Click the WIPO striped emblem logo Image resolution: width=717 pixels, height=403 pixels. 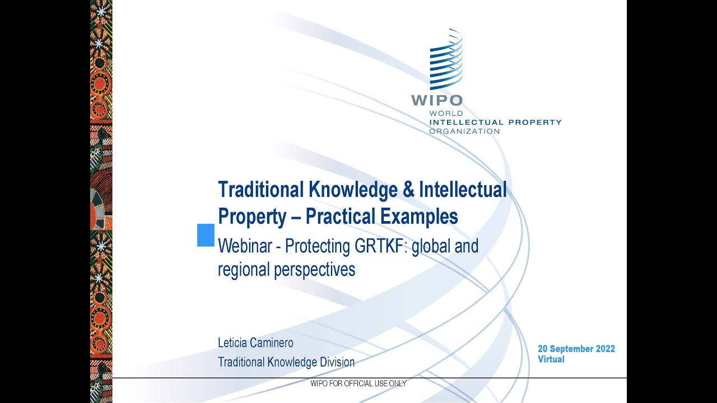pos(446,60)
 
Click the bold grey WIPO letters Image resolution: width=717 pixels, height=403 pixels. pos(437,101)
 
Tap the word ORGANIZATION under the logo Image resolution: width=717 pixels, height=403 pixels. pos(464,131)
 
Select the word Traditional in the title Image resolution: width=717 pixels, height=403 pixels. pos(260,190)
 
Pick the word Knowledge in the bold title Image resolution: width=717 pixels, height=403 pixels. pos(352,190)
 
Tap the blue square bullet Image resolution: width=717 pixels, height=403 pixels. pos(206,235)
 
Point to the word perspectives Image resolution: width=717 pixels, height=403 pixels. pos(315,270)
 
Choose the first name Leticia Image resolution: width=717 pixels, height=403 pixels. pos(232,343)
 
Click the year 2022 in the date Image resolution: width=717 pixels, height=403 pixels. pos(605,349)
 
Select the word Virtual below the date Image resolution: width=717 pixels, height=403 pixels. pos(551,359)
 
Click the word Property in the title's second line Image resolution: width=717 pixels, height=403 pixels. pos(252,216)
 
